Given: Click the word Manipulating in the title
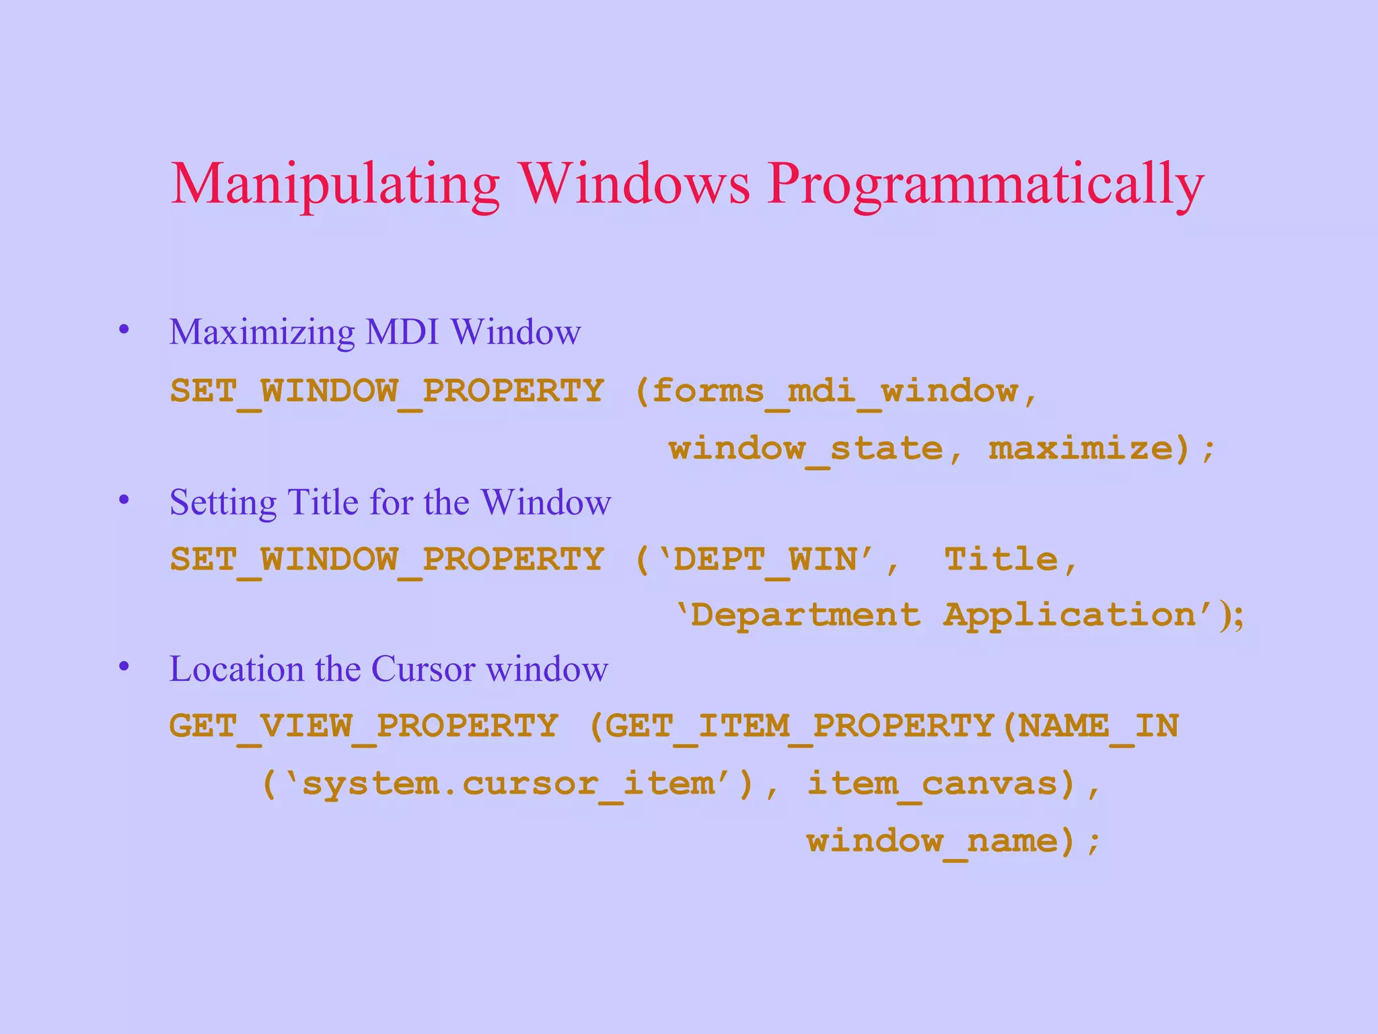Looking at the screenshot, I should [x=335, y=184].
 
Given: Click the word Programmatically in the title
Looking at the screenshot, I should [x=986, y=184].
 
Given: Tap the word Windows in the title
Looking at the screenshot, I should [x=635, y=183].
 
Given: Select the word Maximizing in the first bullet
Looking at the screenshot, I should [x=262, y=333].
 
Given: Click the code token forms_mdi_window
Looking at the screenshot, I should [x=834, y=391].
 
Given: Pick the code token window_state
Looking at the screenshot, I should [x=805, y=449].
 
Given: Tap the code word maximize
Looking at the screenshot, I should [x=1081, y=449].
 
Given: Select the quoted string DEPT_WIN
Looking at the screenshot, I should [x=766, y=559].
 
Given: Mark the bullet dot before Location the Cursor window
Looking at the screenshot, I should [x=124, y=666].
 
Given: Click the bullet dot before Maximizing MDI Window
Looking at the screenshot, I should [x=124, y=330].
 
